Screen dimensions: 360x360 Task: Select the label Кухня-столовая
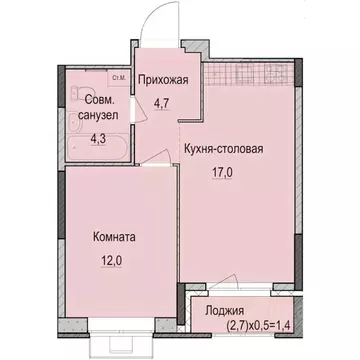pyautogui.click(x=223, y=151)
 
